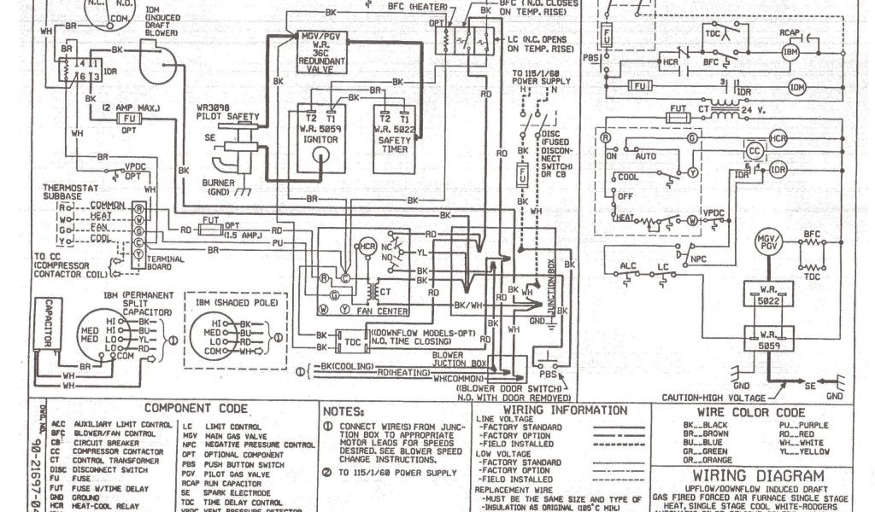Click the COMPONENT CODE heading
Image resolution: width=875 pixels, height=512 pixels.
point(196,410)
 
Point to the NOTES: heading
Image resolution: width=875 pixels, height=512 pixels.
point(349,411)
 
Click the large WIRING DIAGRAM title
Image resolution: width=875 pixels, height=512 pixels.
point(758,476)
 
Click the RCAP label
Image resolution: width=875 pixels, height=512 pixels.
point(788,32)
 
